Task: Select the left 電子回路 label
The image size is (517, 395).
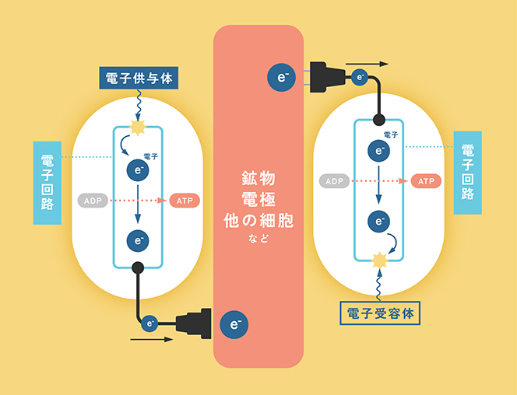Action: tap(47, 182)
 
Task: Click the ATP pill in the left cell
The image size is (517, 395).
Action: tap(185, 201)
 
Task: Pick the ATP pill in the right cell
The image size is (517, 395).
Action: tap(427, 181)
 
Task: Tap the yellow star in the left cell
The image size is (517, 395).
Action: tap(139, 126)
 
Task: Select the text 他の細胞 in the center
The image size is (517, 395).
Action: tap(258, 220)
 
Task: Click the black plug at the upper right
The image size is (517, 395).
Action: tap(330, 77)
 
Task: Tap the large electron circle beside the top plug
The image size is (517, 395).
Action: tap(281, 77)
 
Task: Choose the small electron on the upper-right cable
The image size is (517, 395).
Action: tap(360, 77)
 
